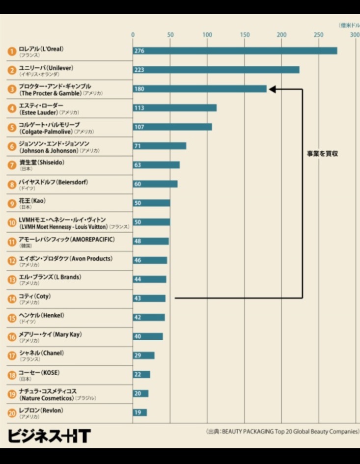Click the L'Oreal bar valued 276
(235, 51)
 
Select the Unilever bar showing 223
(216, 70)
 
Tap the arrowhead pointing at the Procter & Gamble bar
(272, 89)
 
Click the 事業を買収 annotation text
(323, 154)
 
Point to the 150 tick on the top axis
(245, 35)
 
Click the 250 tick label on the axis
(319, 35)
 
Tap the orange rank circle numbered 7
(12, 165)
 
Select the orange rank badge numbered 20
(12, 413)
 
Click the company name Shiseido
(42, 163)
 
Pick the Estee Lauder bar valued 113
(174, 108)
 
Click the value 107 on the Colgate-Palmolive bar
(139, 127)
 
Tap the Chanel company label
(41, 353)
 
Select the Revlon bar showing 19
(139, 413)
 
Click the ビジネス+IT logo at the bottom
(49, 435)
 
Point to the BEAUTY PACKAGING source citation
(282, 432)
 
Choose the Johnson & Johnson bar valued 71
(159, 146)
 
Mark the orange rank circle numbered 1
(12, 51)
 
